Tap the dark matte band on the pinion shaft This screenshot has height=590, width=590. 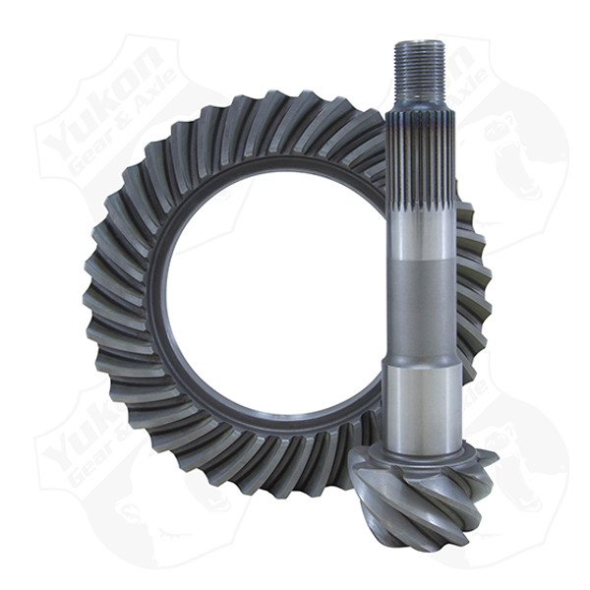(x=420, y=310)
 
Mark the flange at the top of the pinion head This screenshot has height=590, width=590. (x=423, y=455)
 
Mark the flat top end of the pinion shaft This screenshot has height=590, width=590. (x=420, y=43)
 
